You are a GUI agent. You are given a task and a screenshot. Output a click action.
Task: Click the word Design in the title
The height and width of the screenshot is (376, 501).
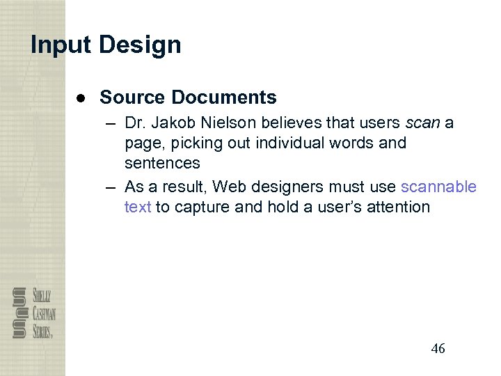pos(140,45)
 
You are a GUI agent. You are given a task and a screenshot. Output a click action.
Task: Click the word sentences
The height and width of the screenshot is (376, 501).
pos(162,164)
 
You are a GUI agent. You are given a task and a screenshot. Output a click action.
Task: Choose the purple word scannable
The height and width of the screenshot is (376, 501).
pos(439,187)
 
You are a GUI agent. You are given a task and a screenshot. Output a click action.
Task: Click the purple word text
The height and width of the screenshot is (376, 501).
pos(138,207)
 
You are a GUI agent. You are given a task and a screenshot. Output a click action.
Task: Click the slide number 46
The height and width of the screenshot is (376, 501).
pos(438,349)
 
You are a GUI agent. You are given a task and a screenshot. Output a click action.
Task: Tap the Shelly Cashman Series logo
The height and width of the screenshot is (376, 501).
pos(33,313)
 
